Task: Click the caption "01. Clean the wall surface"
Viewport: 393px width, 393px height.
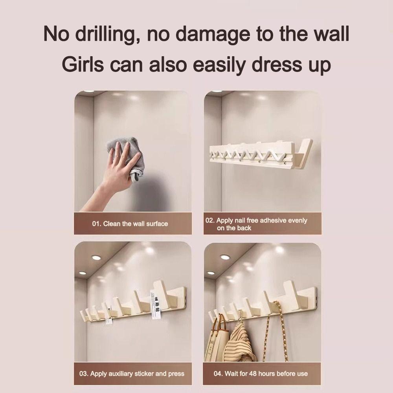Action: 130,224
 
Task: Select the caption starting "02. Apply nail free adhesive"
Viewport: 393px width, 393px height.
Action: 256,224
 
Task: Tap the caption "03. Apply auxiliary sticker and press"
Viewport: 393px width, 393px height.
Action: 132,373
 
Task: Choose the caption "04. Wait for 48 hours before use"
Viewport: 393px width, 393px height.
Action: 261,373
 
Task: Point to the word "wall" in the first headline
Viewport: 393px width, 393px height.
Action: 331,35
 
